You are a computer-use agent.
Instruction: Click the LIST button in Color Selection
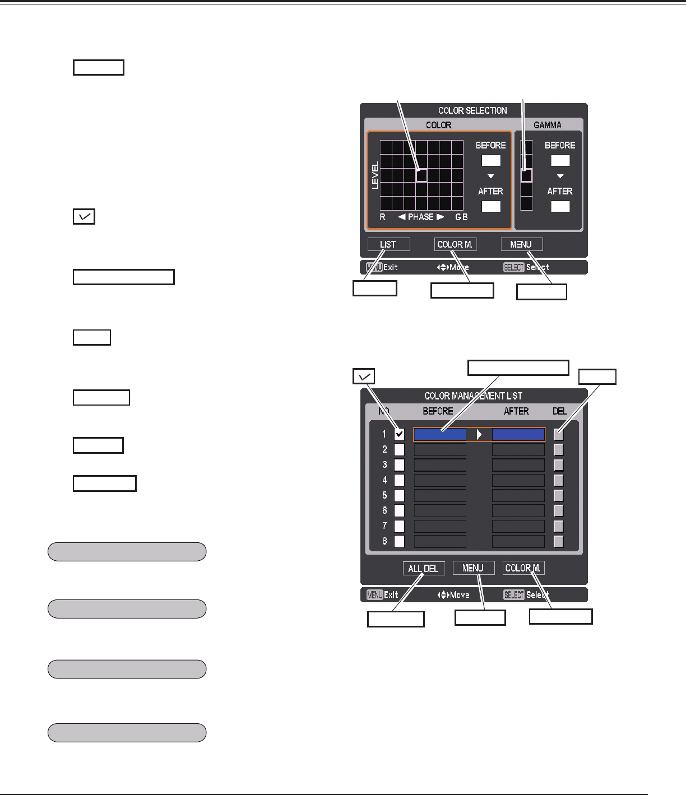[388, 244]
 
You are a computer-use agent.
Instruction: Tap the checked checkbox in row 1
[399, 434]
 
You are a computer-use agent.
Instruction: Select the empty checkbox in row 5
[399, 496]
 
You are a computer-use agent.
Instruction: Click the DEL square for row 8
[558, 541]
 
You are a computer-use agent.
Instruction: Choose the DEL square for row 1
[558, 434]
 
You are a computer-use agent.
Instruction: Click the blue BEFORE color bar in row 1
[440, 434]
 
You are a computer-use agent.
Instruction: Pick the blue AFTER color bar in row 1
[518, 434]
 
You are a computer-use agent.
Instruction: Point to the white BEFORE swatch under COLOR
[491, 160]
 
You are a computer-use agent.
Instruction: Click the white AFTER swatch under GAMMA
[560, 206]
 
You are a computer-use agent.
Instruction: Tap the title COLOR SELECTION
[472, 110]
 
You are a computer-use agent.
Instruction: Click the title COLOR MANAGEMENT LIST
[473, 396]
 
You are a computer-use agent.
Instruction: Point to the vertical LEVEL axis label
[375, 175]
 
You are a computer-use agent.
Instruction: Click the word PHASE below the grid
[421, 217]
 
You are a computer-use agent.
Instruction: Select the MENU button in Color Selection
[521, 244]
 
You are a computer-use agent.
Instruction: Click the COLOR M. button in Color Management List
[523, 568]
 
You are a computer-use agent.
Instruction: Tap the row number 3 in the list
[384, 465]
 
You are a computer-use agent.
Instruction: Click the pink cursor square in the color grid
[421, 175]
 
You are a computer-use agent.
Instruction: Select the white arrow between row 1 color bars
[479, 434]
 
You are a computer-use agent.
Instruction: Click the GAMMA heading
[548, 125]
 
